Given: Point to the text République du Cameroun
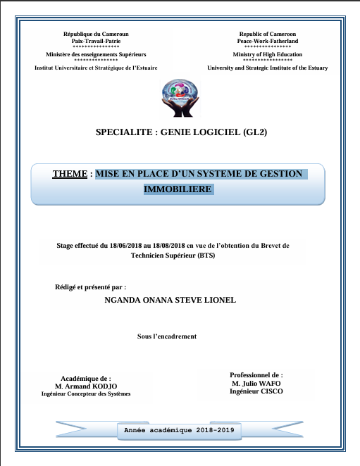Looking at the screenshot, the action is [x=96, y=34].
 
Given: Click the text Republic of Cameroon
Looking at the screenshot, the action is [x=267, y=34].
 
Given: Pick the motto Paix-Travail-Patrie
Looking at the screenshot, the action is [x=96, y=41].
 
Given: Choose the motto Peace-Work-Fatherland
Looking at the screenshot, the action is [x=267, y=41].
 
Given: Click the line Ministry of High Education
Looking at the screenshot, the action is [x=267, y=54].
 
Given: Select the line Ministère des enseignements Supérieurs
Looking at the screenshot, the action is [x=96, y=54].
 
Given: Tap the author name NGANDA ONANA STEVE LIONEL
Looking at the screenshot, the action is [x=169, y=300].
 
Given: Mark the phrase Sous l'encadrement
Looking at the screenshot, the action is [x=166, y=336].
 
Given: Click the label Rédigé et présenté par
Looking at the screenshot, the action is [x=89, y=287].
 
